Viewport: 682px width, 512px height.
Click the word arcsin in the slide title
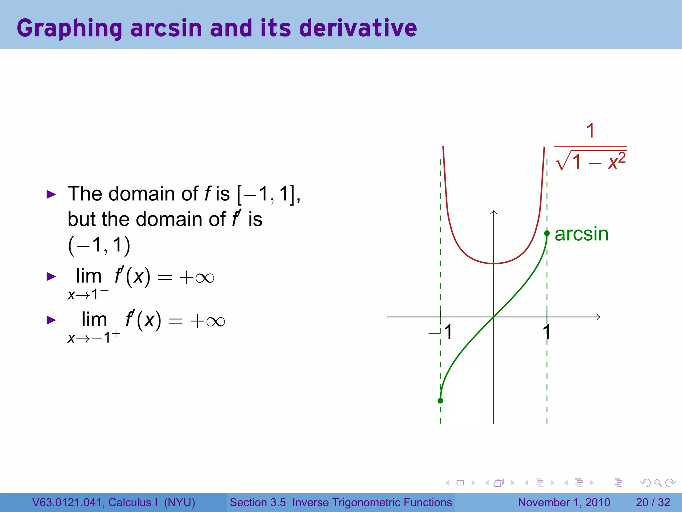coord(166,28)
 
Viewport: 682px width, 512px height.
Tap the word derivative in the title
coord(358,28)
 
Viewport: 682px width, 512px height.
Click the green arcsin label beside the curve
coord(581,234)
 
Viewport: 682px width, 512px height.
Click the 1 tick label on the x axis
coord(546,332)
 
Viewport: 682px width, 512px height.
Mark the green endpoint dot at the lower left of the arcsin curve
coord(440,401)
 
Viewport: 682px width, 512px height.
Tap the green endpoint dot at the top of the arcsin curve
coord(547,233)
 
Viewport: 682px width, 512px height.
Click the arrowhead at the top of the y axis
coord(494,212)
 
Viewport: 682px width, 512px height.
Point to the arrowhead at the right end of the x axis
coord(598,317)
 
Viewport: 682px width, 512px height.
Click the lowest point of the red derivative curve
coord(494,263)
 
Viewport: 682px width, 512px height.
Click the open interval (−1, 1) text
coord(99,245)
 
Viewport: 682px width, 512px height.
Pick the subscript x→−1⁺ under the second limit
coord(94,337)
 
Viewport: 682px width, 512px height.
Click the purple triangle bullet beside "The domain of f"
coord(51,194)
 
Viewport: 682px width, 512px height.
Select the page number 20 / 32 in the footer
coord(653,502)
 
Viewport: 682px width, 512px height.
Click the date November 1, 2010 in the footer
coord(564,502)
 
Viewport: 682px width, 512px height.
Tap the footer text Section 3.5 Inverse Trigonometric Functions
coord(341,502)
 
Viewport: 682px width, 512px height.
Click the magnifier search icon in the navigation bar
coord(658,483)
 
